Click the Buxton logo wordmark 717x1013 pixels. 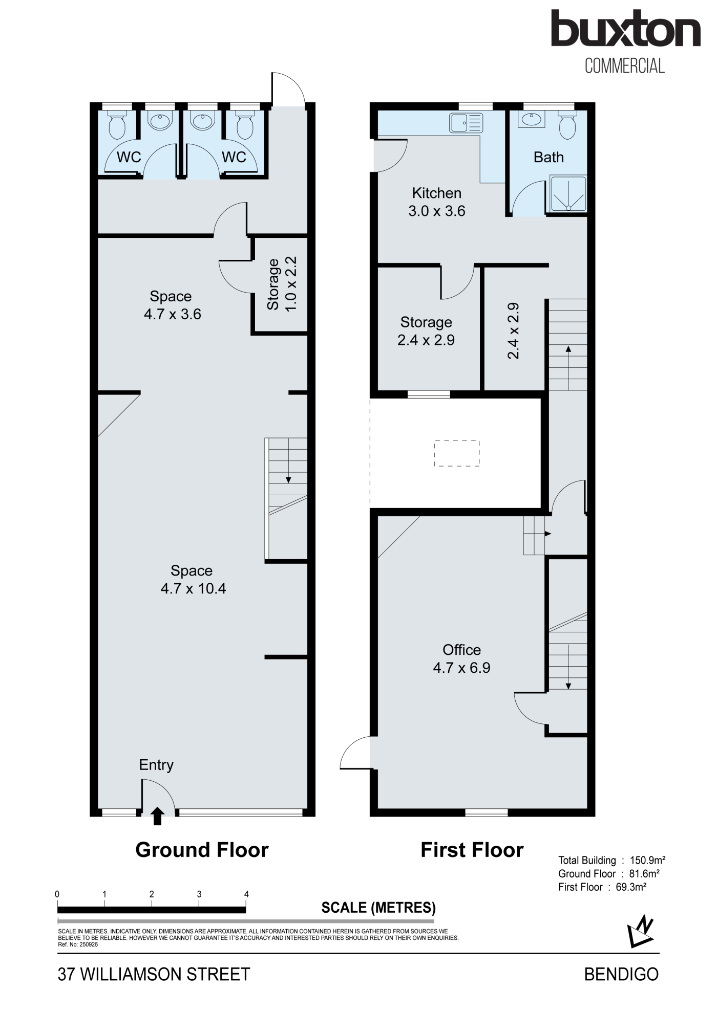625,29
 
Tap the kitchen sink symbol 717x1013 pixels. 466,123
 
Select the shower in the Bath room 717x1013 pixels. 568,194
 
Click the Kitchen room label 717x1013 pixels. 437,193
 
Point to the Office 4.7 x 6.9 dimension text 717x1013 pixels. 462,668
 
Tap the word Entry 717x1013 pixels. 156,765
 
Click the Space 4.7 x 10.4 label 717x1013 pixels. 193,579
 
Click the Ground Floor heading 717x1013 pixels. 202,850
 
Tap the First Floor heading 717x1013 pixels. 472,850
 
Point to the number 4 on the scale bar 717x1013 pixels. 246,894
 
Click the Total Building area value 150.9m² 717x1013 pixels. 647,861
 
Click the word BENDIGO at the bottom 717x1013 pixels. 621,974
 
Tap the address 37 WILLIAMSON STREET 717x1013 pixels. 154,974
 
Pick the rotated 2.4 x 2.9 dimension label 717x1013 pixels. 513,331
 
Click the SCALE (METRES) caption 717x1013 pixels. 378,908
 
